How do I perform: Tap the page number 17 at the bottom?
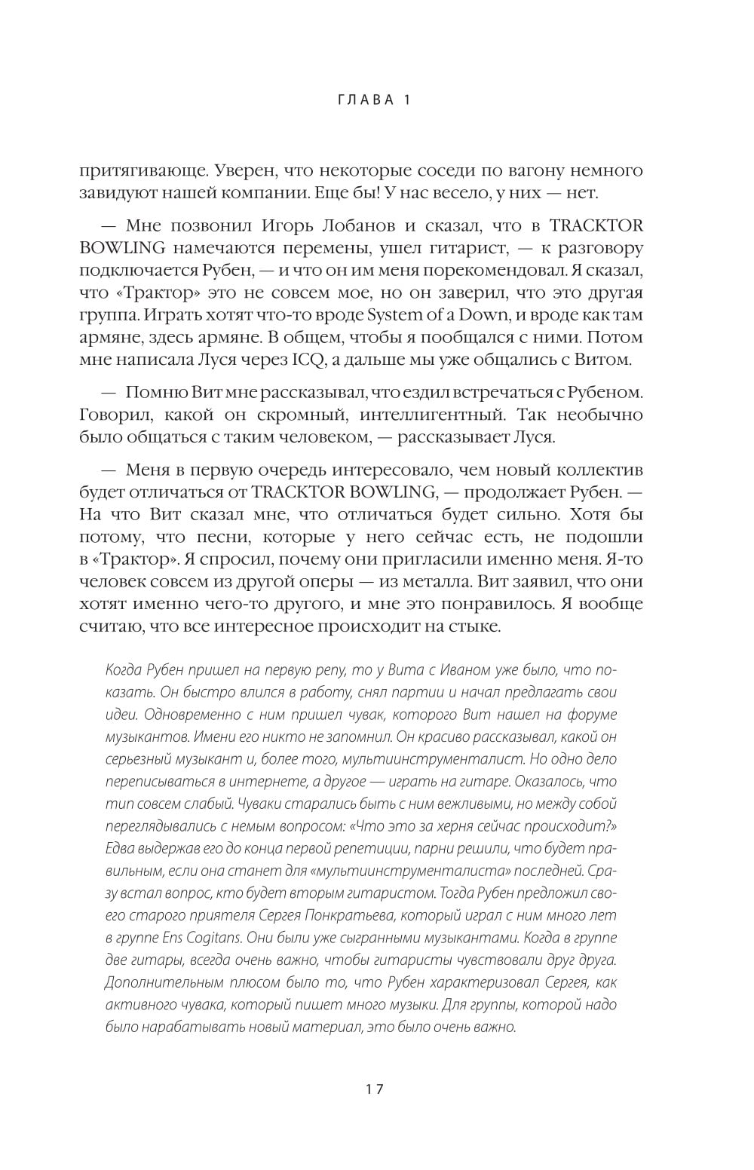[375, 1089]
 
